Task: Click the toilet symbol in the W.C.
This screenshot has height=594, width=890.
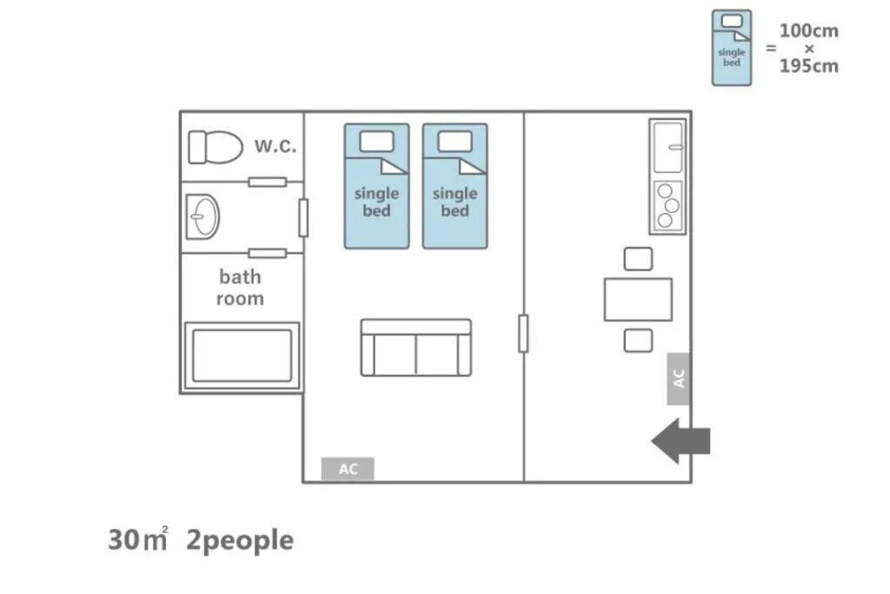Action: pos(216,147)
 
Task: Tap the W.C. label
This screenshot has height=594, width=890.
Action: pos(276,146)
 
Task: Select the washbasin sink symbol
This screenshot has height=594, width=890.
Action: pos(203,217)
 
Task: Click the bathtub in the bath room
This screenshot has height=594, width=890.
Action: pos(242,356)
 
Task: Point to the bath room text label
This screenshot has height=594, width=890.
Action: pos(240,287)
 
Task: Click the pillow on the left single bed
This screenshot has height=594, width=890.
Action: pos(376,142)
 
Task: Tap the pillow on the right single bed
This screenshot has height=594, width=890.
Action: pos(455,142)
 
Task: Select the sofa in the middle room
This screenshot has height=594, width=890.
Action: pos(416,348)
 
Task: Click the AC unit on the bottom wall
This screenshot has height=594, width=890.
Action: pos(348,469)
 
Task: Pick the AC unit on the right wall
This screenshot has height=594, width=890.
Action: pos(678,378)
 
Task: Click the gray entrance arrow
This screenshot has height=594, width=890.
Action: pos(681,441)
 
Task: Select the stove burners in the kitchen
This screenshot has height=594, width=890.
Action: pos(667,205)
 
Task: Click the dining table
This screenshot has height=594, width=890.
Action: pos(638,299)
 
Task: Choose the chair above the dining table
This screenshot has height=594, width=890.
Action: pos(638,259)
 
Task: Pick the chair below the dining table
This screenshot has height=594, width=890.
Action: pos(638,341)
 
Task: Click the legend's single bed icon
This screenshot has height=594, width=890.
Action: pos(732,49)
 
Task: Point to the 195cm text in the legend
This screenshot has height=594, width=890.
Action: pos(809,66)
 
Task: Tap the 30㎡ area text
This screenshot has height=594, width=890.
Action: pos(138,539)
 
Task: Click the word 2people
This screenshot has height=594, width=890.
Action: pos(240,541)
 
